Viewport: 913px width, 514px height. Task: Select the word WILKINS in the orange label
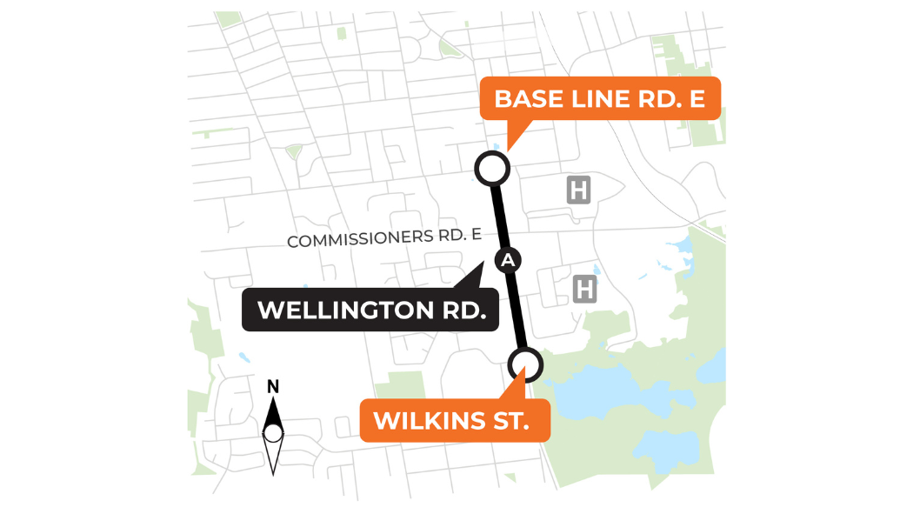(425, 420)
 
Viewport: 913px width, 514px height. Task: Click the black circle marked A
(508, 259)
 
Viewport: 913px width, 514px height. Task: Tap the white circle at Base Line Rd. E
(491, 169)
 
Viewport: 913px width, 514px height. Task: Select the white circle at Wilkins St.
(526, 364)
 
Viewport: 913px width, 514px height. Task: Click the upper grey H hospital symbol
(579, 189)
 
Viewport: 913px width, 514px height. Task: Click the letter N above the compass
(273, 387)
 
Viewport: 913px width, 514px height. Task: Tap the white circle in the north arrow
(273, 433)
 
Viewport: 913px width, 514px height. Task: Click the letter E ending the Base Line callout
(696, 98)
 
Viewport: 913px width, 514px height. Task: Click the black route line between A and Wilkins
(518, 313)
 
